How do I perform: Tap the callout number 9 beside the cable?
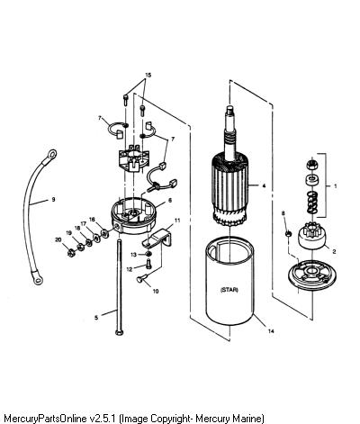click(x=53, y=199)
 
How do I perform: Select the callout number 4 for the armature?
click(x=264, y=185)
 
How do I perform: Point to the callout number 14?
click(x=271, y=331)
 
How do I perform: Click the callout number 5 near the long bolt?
click(x=96, y=318)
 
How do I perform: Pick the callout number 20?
click(x=58, y=239)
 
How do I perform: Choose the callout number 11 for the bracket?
click(x=177, y=221)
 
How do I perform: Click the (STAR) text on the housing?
click(x=229, y=290)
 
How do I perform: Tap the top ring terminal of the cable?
click(x=51, y=155)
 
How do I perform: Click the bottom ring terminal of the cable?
click(x=38, y=280)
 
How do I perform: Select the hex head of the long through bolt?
click(x=119, y=332)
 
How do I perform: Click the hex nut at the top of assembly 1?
click(x=312, y=164)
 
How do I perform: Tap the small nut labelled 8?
click(x=288, y=233)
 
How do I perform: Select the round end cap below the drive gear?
click(x=312, y=272)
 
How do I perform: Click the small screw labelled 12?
click(x=148, y=265)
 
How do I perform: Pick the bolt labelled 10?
click(x=142, y=278)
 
